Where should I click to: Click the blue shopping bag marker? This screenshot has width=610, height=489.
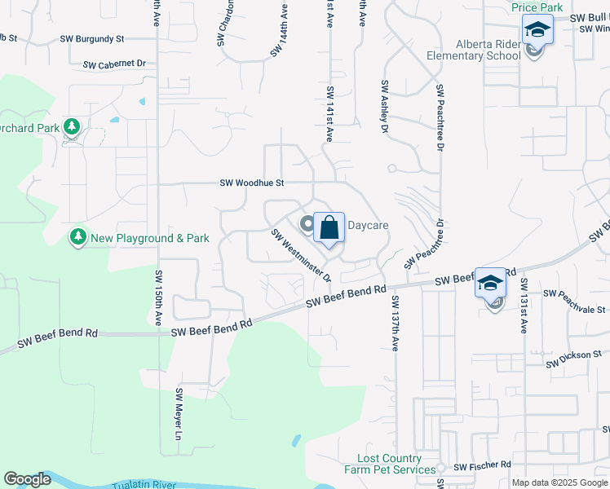329,227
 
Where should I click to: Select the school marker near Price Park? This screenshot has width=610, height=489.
537,30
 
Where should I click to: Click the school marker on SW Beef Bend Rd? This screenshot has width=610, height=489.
490,283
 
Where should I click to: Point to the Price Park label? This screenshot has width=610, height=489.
537,7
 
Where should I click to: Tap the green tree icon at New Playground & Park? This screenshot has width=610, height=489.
78,237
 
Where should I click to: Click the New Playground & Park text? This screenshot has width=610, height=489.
150,238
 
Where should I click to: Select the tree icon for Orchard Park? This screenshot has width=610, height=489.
72,126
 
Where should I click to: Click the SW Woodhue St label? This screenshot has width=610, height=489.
251,183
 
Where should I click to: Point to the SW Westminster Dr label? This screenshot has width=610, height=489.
301,255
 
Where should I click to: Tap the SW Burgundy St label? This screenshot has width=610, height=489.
92,38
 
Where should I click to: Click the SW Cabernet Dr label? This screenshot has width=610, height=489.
114,63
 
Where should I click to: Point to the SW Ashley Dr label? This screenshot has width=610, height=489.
383,107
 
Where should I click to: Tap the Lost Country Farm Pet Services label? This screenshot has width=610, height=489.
390,465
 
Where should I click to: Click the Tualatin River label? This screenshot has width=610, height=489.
144,485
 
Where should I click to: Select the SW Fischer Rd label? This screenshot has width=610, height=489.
482,466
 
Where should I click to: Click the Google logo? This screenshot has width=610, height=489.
27,480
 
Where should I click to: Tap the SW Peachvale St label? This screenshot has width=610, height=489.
575,302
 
